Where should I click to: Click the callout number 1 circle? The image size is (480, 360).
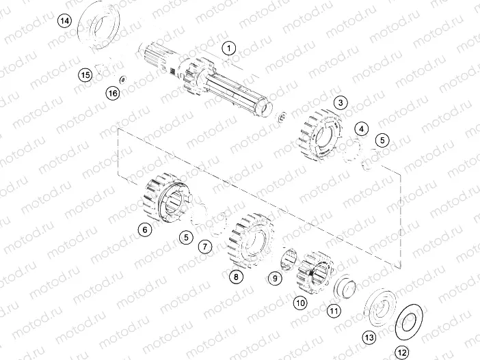pyautogui.click(x=228, y=49)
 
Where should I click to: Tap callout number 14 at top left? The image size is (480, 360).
pyautogui.click(x=64, y=21)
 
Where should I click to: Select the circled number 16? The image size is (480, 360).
pyautogui.click(x=113, y=92)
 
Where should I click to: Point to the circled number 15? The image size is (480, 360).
pyautogui.click(x=85, y=74)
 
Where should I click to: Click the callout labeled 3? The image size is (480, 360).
pyautogui.click(x=341, y=103)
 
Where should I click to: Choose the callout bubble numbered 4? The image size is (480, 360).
pyautogui.click(x=362, y=128)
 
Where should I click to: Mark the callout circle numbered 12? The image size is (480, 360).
pyautogui.click(x=401, y=352)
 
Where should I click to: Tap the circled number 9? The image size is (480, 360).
pyautogui.click(x=274, y=278)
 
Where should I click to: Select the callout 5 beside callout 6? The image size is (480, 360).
pyautogui.click(x=185, y=237)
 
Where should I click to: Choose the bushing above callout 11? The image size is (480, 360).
pyautogui.click(x=345, y=287)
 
